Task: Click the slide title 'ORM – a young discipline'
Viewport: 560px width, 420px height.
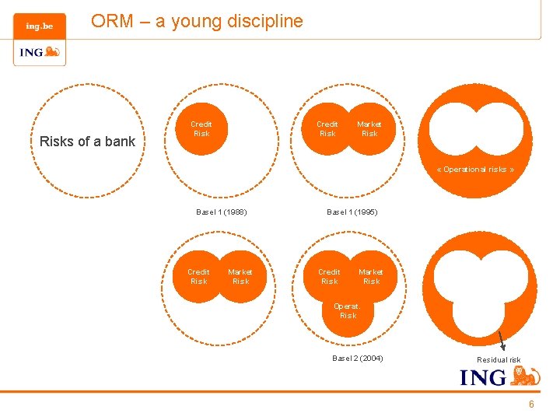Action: pos(197,21)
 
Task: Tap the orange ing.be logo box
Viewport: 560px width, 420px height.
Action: pos(39,26)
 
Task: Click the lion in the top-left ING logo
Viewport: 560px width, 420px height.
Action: pos(52,53)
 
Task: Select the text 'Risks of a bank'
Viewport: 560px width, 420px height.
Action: pos(87,142)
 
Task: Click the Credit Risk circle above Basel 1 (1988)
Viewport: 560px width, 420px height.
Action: pos(201,129)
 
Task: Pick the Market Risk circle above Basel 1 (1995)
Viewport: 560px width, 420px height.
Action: pos(369,129)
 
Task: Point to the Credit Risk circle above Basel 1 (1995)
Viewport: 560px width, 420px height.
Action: pos(327,129)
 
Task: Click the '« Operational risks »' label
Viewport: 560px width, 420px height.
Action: pos(475,169)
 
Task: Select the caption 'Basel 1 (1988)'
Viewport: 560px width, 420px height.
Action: pos(222,212)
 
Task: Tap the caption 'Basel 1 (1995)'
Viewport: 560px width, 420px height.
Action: pos(352,212)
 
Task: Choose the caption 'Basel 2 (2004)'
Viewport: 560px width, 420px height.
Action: pos(357,359)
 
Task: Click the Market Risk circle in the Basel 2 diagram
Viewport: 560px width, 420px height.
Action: pos(371,277)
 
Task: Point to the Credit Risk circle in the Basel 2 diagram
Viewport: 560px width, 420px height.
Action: pos(329,277)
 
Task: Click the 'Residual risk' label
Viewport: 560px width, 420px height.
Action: pos(499,359)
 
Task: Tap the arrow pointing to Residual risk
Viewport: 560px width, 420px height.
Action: pos(502,341)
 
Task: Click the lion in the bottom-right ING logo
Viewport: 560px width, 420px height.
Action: pos(526,377)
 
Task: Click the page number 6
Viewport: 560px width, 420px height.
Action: pos(531,404)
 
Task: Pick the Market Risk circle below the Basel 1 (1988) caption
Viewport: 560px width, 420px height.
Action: pos(240,277)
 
